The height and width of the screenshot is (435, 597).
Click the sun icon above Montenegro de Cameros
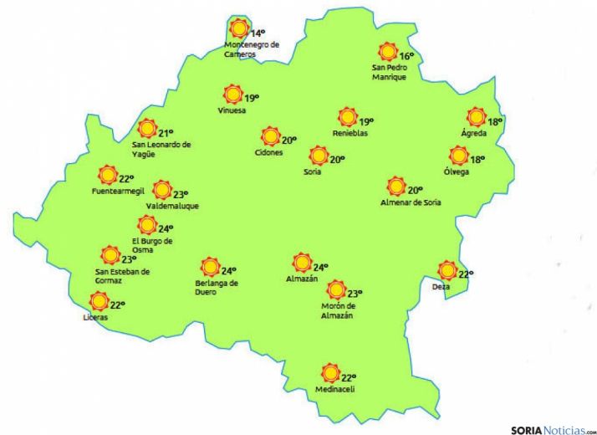239,28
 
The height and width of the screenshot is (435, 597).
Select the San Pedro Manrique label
389,72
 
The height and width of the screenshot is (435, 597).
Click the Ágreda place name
473,134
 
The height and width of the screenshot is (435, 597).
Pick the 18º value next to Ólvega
477,160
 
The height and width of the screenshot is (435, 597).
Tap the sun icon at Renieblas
347,117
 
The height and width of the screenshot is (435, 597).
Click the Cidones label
268,152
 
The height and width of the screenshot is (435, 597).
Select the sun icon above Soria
318,156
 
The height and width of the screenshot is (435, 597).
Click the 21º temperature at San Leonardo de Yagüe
166,132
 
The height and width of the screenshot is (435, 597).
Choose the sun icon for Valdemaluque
161,191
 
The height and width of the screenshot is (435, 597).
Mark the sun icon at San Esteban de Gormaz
109,255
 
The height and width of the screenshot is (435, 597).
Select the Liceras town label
95,318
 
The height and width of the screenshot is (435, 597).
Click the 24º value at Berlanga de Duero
228,270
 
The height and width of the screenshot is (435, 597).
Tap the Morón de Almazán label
337,310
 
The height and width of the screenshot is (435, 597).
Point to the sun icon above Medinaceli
330,373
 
